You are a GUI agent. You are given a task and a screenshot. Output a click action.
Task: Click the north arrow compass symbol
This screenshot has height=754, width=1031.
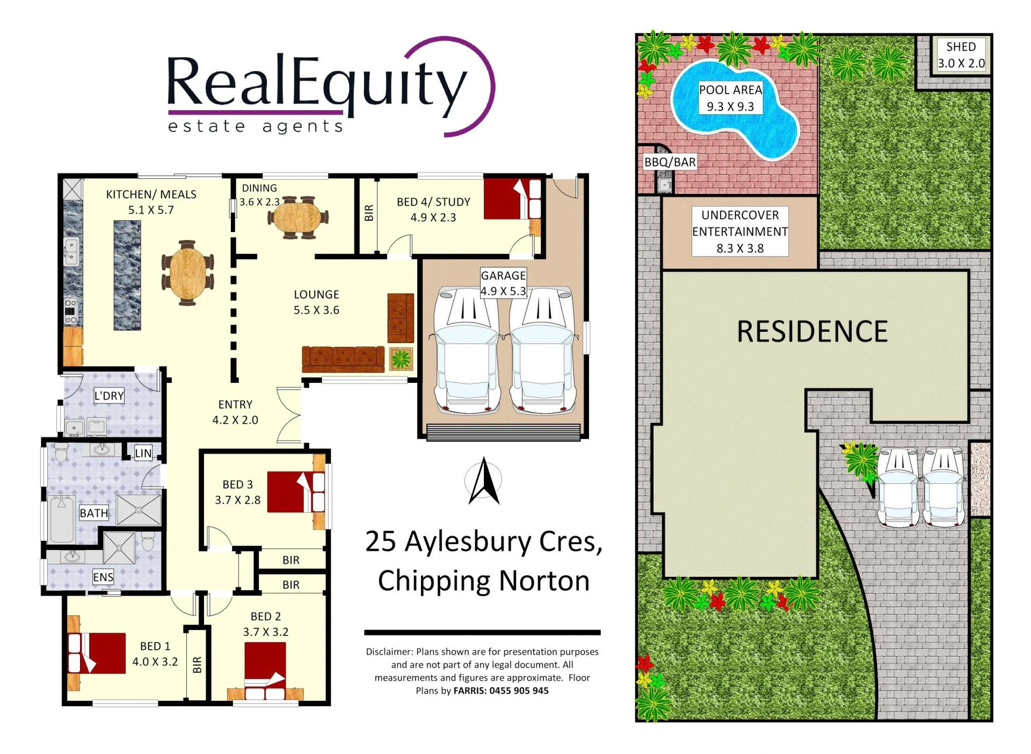click(x=484, y=481)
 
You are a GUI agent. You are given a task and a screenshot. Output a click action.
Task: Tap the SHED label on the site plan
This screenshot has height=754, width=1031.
click(x=961, y=47)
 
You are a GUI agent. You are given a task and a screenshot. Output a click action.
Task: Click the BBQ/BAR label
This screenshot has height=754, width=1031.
click(x=670, y=162)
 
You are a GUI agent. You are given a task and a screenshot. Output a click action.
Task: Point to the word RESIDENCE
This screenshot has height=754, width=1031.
click(x=812, y=331)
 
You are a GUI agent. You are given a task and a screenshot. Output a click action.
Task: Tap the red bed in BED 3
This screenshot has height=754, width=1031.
click(x=296, y=492)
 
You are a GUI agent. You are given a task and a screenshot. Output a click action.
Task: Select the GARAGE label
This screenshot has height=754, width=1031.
click(x=503, y=275)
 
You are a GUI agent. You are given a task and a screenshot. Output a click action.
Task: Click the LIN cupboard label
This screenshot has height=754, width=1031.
click(x=143, y=453)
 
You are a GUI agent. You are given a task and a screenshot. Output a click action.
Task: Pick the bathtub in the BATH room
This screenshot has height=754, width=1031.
click(x=62, y=520)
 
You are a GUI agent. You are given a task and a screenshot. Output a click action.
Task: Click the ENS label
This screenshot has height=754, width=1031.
click(x=103, y=577)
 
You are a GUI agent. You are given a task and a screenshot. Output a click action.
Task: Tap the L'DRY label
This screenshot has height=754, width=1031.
click(x=109, y=396)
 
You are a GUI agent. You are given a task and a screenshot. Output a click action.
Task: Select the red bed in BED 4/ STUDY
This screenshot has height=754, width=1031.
click(x=512, y=199)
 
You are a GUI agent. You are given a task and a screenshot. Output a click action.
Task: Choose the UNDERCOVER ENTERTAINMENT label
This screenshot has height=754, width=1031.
click(x=740, y=223)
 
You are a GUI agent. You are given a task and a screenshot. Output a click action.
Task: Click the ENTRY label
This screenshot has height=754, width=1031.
click(x=235, y=404)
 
